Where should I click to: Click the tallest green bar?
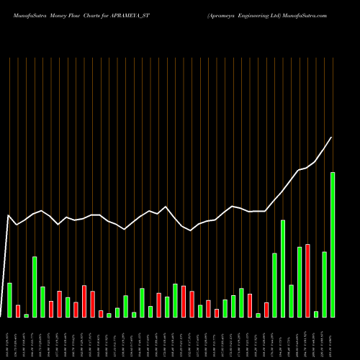point(333,245)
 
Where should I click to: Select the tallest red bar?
point(307,281)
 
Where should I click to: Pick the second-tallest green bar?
point(283,269)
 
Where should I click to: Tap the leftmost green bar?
point(9,300)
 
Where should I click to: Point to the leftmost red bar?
point(18,311)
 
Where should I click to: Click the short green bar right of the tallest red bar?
point(316,314)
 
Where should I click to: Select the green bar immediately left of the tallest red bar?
point(300,282)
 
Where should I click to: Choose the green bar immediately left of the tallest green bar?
point(324,284)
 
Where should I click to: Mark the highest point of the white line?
point(332,137)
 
